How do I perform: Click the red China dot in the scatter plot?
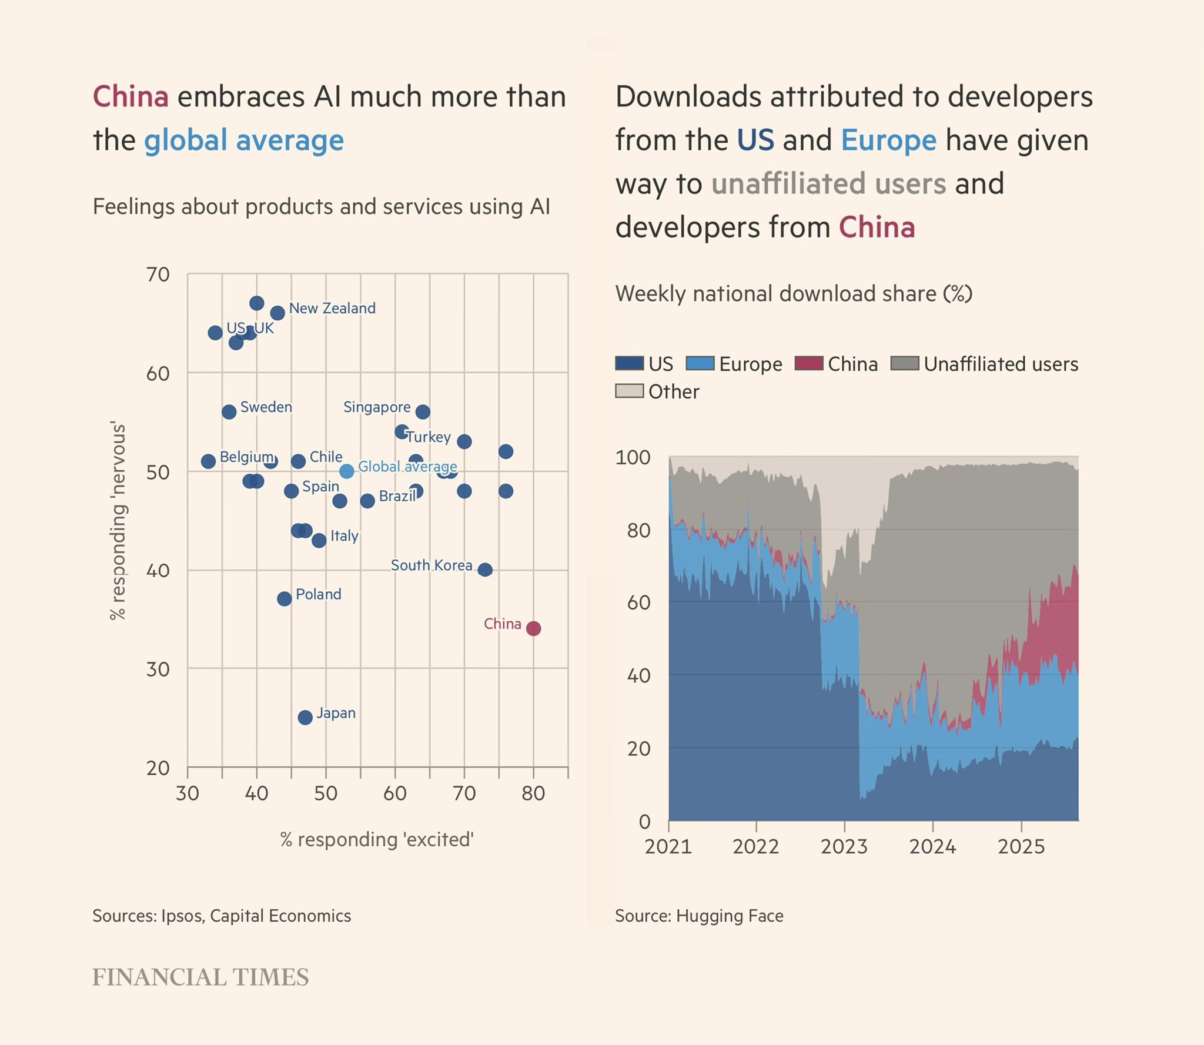[533, 628]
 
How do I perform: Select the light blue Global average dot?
[347, 471]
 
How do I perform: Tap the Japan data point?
[305, 717]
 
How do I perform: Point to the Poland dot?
[285, 599]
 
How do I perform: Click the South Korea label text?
[432, 565]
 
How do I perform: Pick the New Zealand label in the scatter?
[332, 308]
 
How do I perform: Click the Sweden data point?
[229, 411]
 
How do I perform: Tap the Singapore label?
[377, 407]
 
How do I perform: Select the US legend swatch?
[629, 363]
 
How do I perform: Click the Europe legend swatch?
[700, 363]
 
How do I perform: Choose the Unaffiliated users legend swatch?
[905, 363]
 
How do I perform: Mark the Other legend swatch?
[629, 391]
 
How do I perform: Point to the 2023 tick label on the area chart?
[844, 846]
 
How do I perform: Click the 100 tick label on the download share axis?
[633, 457]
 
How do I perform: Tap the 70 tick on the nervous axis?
[158, 274]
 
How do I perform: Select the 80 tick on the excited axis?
[533, 793]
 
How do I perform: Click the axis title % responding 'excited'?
[377, 839]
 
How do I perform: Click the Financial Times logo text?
[200, 977]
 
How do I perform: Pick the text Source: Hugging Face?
[699, 916]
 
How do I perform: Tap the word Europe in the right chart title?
[888, 140]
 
